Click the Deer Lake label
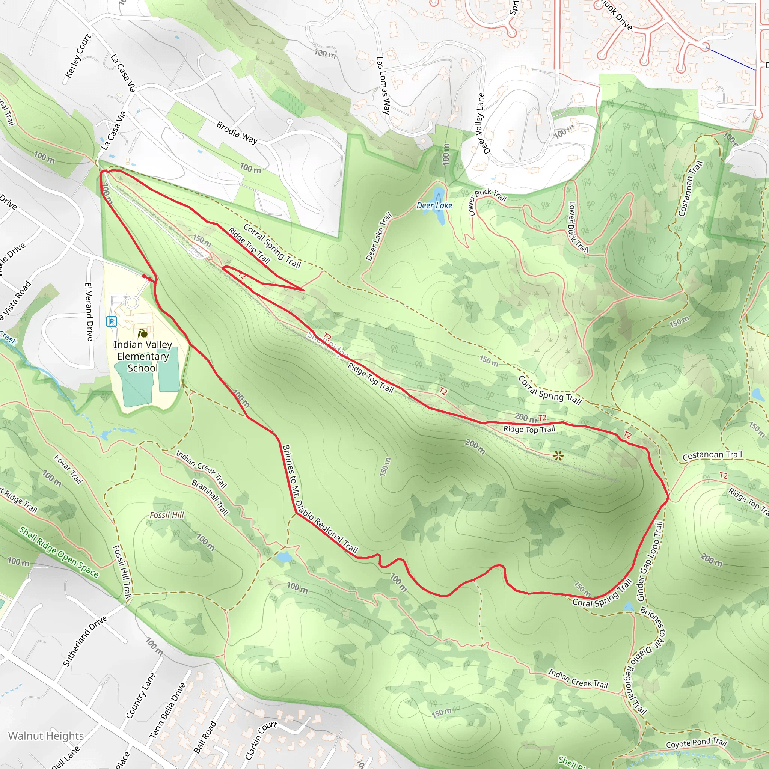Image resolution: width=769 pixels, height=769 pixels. pyautogui.click(x=434, y=205)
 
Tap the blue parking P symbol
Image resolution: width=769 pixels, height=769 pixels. pyautogui.click(x=112, y=321)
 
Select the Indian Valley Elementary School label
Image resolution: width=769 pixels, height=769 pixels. pyautogui.click(x=142, y=356)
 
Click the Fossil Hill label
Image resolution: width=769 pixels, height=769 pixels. pyautogui.click(x=167, y=515)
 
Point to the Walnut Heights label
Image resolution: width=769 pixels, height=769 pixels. pyautogui.click(x=46, y=736)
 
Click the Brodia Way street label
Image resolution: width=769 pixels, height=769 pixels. pyautogui.click(x=237, y=132)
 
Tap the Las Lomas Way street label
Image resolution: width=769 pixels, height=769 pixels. pyautogui.click(x=383, y=86)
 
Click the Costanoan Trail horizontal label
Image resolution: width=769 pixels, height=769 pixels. pyautogui.click(x=712, y=455)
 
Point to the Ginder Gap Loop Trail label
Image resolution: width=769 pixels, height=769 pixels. pyautogui.click(x=649, y=561)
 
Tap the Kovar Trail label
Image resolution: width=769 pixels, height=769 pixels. pyautogui.click(x=68, y=469)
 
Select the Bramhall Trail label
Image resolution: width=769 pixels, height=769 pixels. pyautogui.click(x=210, y=497)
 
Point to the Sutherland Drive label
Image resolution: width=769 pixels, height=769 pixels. pyautogui.click(x=85, y=641)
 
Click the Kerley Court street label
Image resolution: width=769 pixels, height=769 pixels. pyautogui.click(x=78, y=55)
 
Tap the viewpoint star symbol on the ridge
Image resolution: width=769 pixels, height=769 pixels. pyautogui.click(x=558, y=456)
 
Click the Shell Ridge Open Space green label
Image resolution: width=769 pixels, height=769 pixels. pyautogui.click(x=59, y=552)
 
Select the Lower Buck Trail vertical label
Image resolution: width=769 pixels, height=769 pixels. pyautogui.click(x=578, y=227)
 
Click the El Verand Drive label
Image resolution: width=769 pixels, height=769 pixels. pyautogui.click(x=89, y=312)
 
